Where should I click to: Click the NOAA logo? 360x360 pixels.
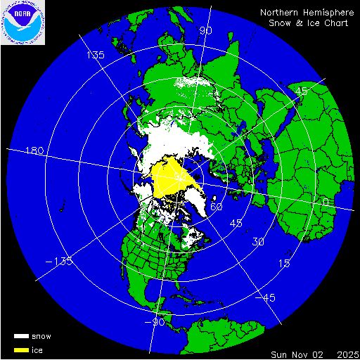(x=22, y=22)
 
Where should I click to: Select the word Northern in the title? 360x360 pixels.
(x=280, y=13)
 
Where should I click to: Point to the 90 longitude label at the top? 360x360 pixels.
(x=205, y=31)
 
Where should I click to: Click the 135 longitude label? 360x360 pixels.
(x=95, y=55)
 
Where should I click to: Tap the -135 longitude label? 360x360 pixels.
(x=60, y=262)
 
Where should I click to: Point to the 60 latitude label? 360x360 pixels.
(x=217, y=207)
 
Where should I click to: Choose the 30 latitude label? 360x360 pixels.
(x=258, y=242)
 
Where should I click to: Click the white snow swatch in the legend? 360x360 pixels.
(x=20, y=336)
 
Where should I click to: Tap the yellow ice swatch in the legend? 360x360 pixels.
(x=20, y=349)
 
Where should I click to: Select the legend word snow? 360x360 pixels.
(x=41, y=336)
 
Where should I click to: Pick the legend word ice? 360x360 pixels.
(x=37, y=349)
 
